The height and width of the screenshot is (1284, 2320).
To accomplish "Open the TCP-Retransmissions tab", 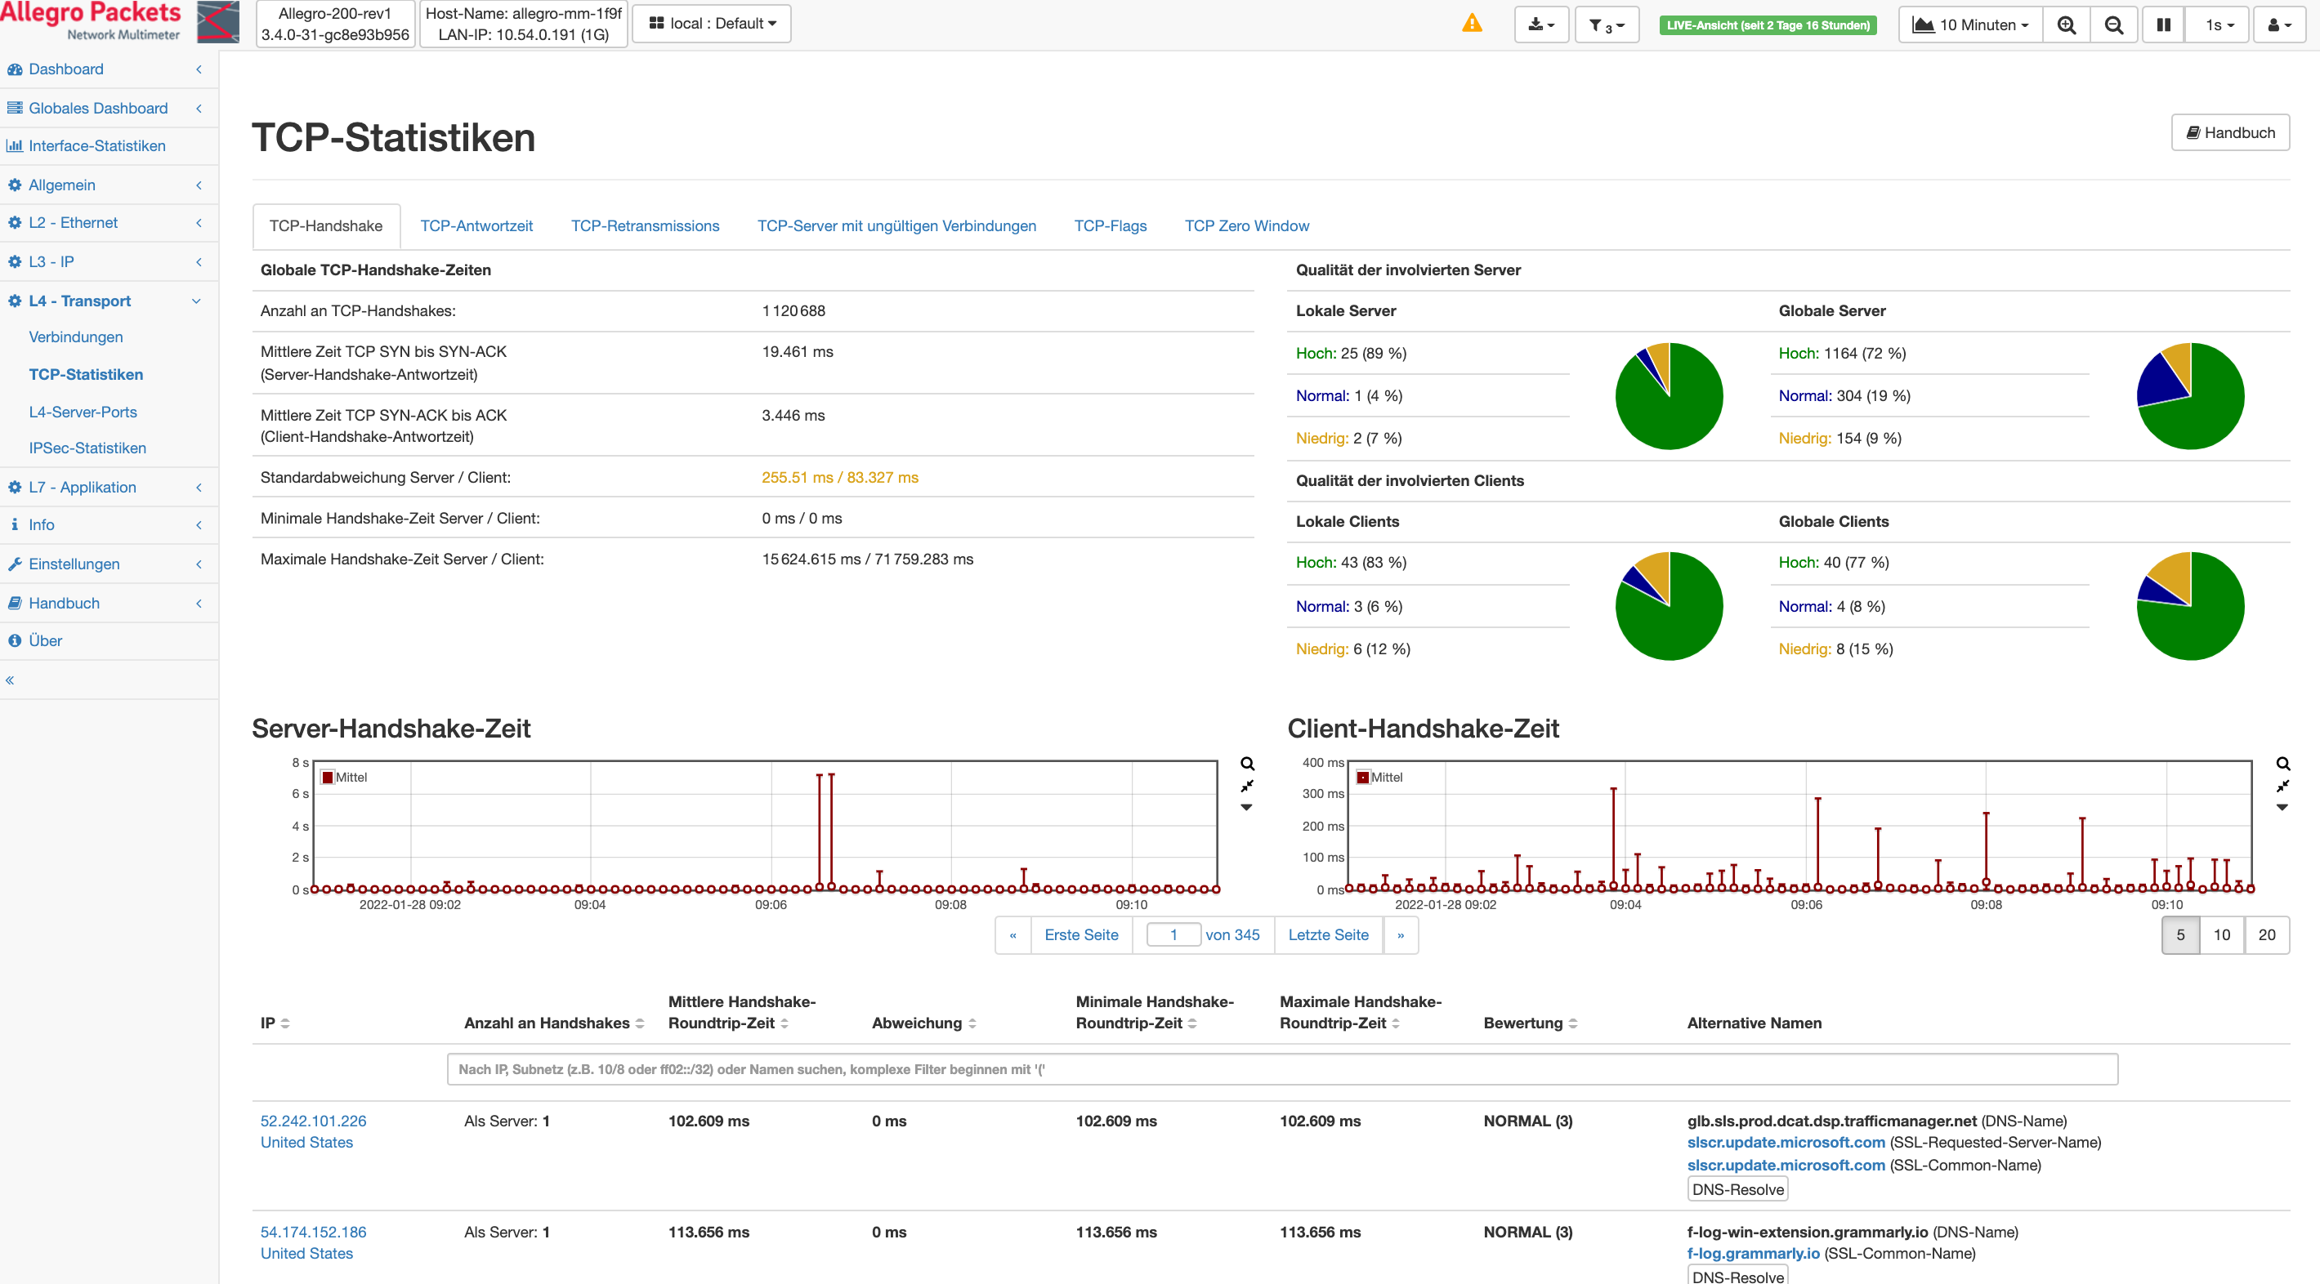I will tap(645, 226).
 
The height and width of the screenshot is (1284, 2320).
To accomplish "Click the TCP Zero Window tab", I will tap(1246, 226).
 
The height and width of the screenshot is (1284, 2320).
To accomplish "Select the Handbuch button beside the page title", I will tap(2230, 132).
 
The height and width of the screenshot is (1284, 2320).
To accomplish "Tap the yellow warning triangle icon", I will tap(1472, 24).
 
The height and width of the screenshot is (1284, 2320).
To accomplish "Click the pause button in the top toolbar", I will tap(2162, 25).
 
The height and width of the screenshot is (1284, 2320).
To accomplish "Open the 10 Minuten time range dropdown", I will tap(1970, 25).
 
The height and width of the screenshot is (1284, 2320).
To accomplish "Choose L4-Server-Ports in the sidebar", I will tap(83, 412).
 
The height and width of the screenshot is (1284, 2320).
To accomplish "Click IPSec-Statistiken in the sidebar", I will tap(87, 448).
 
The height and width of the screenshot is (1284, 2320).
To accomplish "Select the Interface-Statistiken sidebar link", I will tap(97, 146).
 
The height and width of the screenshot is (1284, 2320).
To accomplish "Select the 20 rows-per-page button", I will tap(2267, 934).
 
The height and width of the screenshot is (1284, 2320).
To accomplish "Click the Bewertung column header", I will tap(1523, 1023).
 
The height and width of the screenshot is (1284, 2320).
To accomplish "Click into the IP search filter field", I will tap(1281, 1070).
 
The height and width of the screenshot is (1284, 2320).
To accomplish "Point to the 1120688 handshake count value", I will tap(793, 310).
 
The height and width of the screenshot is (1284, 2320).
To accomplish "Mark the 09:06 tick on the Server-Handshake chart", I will tap(771, 904).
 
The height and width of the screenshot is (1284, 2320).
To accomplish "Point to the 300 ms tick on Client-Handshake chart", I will tap(1322, 794).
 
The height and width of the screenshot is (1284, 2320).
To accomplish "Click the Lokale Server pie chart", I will tap(1669, 396).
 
